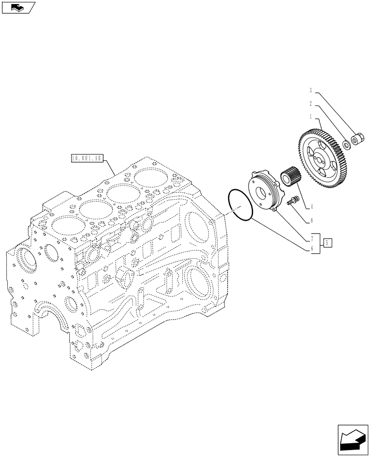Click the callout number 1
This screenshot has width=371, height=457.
pyautogui.click(x=311, y=117)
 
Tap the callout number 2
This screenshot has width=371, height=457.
pyautogui.click(x=311, y=104)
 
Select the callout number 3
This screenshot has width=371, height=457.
pyautogui.click(x=311, y=90)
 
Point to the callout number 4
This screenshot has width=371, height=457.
pyautogui.click(x=311, y=207)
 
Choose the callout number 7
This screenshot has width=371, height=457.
pyautogui.click(x=311, y=238)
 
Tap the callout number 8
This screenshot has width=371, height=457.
pyautogui.click(x=311, y=220)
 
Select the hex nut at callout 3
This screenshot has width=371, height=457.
pyautogui.click(x=358, y=137)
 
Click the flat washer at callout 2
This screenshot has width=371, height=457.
pyautogui.click(x=347, y=145)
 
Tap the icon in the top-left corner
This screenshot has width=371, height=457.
pyautogui.click(x=18, y=7)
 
